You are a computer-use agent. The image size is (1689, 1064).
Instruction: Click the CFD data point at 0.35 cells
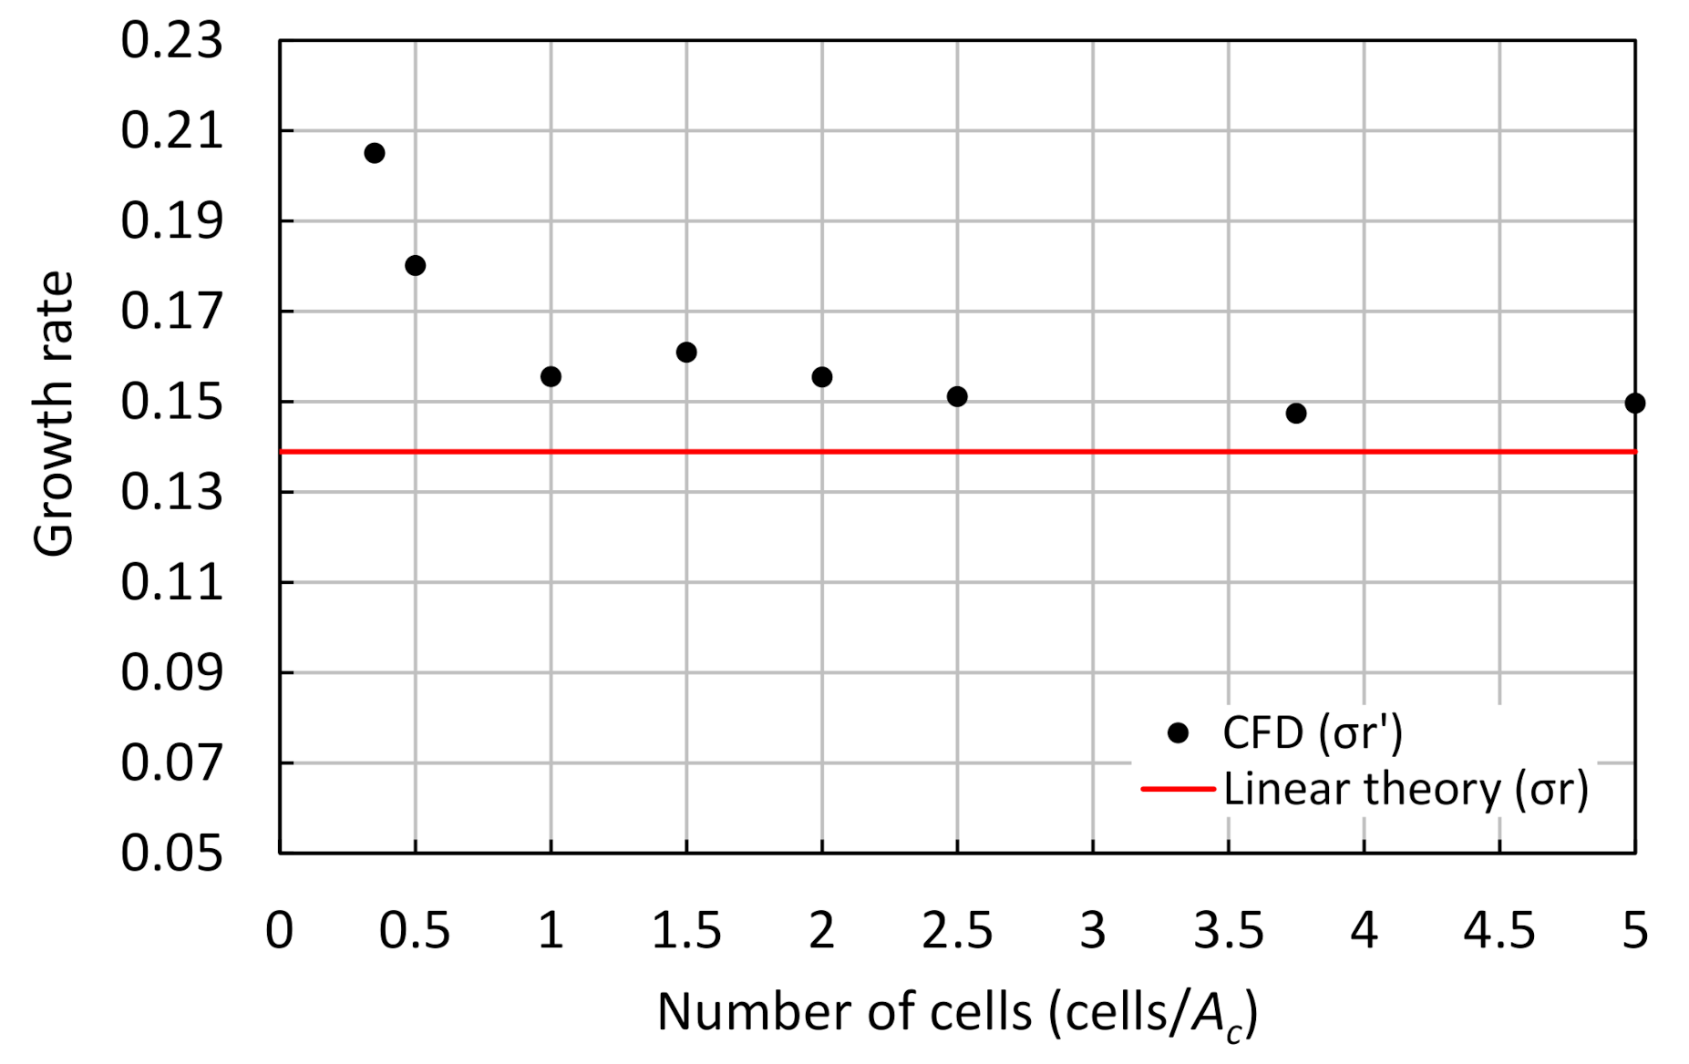[374, 153]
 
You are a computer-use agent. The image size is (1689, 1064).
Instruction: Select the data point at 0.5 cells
[415, 266]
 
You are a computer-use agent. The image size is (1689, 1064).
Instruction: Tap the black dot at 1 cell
[551, 376]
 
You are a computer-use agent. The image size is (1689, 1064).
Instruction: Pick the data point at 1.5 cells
[686, 353]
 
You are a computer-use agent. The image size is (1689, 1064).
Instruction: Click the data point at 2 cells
[821, 377]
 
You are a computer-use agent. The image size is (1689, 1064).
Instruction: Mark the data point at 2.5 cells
[957, 396]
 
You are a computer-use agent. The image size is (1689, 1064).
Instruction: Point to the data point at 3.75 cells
[1295, 414]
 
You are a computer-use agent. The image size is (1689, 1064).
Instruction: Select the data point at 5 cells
[1634, 403]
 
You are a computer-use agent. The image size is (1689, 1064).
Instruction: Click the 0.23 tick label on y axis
[171, 41]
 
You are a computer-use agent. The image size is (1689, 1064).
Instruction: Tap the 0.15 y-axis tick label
[171, 402]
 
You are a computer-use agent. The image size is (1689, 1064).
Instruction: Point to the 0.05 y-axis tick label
[171, 854]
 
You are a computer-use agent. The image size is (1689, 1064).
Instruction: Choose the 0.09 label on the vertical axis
[171, 673]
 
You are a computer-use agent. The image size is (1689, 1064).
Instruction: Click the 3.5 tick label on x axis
[1228, 931]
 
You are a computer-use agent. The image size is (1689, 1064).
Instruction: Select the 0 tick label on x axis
[279, 931]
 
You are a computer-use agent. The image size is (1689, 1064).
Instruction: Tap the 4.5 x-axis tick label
[1499, 931]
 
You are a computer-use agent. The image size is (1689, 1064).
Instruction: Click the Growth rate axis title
[53, 414]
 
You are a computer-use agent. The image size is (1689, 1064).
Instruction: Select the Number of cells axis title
[957, 1013]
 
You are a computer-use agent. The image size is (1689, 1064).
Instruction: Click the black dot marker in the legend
[1178, 733]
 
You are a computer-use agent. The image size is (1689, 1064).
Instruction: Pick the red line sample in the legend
[1178, 789]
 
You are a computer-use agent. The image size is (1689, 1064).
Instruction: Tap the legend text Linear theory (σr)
[1406, 789]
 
